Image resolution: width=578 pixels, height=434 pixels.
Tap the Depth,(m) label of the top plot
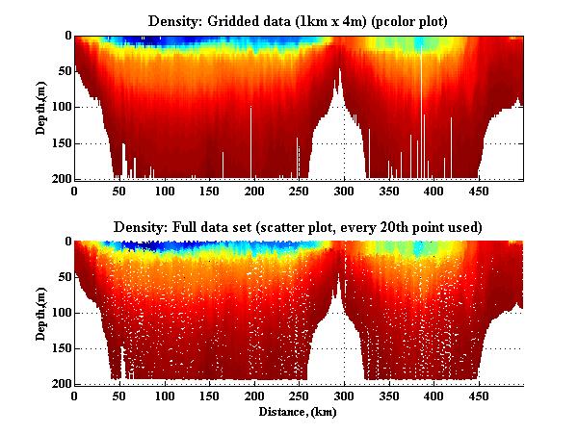[41, 107]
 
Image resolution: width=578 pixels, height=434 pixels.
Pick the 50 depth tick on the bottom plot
[62, 277]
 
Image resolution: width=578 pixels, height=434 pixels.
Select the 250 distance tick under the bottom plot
[252, 396]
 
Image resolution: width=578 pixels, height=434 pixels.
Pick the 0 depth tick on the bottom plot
[66, 242]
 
